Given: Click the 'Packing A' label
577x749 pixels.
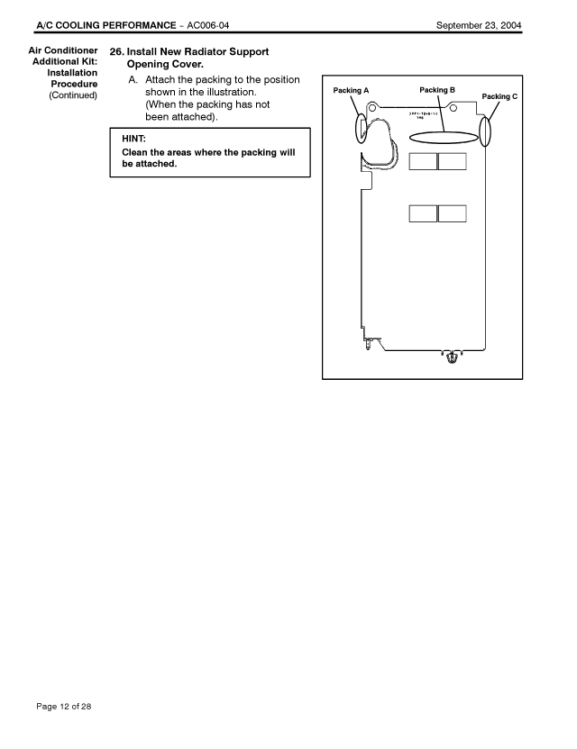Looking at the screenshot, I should [x=351, y=90].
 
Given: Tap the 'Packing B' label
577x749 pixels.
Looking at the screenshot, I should [x=437, y=90].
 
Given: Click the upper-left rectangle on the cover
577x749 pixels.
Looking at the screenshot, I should [x=423, y=162].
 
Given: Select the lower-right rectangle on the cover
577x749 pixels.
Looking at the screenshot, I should [x=452, y=213].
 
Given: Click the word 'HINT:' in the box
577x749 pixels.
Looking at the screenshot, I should [x=133, y=139].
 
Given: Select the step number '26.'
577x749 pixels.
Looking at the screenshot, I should [x=116, y=52].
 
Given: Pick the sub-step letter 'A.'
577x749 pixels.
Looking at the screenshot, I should [x=133, y=80].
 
